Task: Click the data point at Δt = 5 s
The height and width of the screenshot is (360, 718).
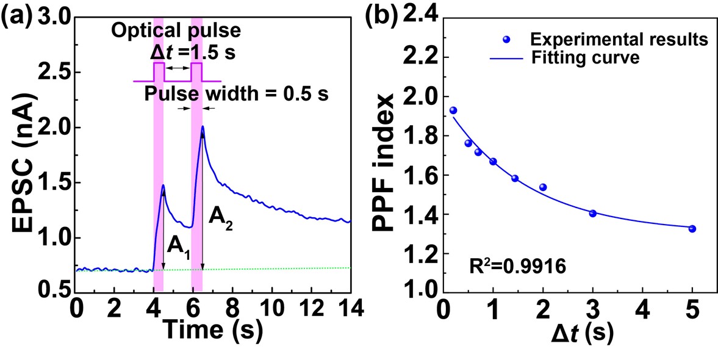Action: pos(692,228)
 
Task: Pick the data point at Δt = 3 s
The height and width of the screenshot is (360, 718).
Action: pos(592,213)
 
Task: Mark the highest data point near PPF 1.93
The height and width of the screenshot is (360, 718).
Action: pos(453,110)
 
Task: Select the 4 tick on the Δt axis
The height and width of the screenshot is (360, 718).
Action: pos(642,307)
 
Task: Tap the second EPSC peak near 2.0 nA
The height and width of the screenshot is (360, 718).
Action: pos(202,127)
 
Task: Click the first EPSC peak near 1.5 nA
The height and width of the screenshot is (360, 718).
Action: pos(163,185)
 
